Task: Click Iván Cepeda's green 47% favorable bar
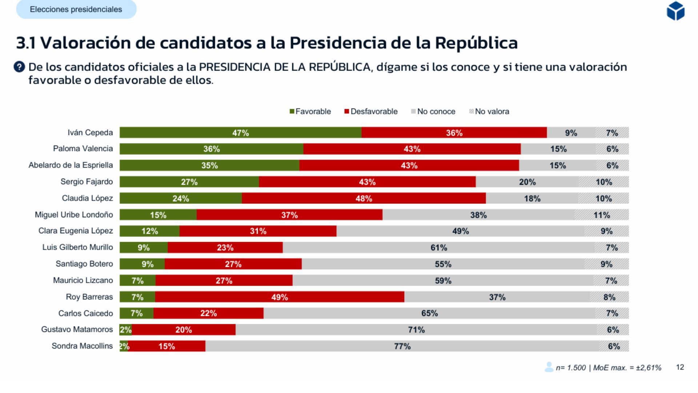pos(240,133)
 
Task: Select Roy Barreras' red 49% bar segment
pos(279,297)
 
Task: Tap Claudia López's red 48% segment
pos(364,198)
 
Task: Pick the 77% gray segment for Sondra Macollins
pos(402,346)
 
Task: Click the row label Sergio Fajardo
pos(87,182)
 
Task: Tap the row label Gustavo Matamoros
pos(77,329)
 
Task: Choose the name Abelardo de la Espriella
pos(71,165)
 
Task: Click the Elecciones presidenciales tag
pos(76,9)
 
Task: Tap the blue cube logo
pos(675,11)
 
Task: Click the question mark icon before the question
pos(19,67)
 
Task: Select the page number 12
pos(680,367)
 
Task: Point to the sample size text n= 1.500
pos(570,368)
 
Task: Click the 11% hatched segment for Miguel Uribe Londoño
pos(602,215)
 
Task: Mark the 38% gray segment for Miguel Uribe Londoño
pos(478,215)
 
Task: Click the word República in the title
pos(476,43)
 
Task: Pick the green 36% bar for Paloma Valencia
pos(211,149)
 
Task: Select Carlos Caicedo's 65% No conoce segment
pos(429,313)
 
